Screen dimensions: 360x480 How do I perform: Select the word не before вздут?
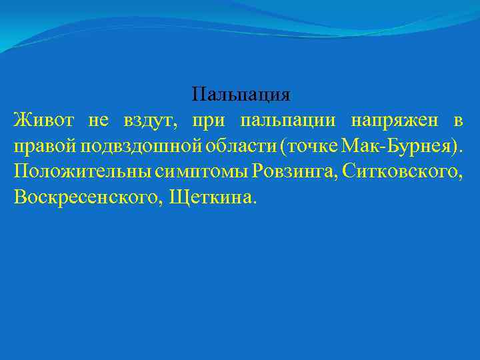click(97, 121)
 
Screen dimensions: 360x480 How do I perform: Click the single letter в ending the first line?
click(458, 121)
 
